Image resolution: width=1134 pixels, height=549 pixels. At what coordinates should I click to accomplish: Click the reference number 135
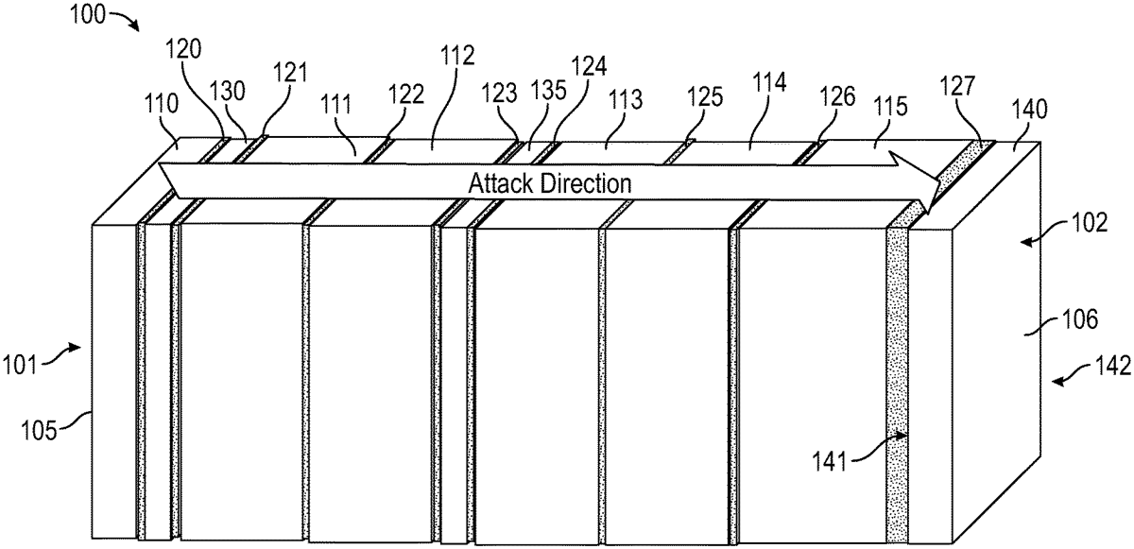coord(548,94)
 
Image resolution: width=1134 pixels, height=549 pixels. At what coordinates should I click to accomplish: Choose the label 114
coord(769,83)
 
